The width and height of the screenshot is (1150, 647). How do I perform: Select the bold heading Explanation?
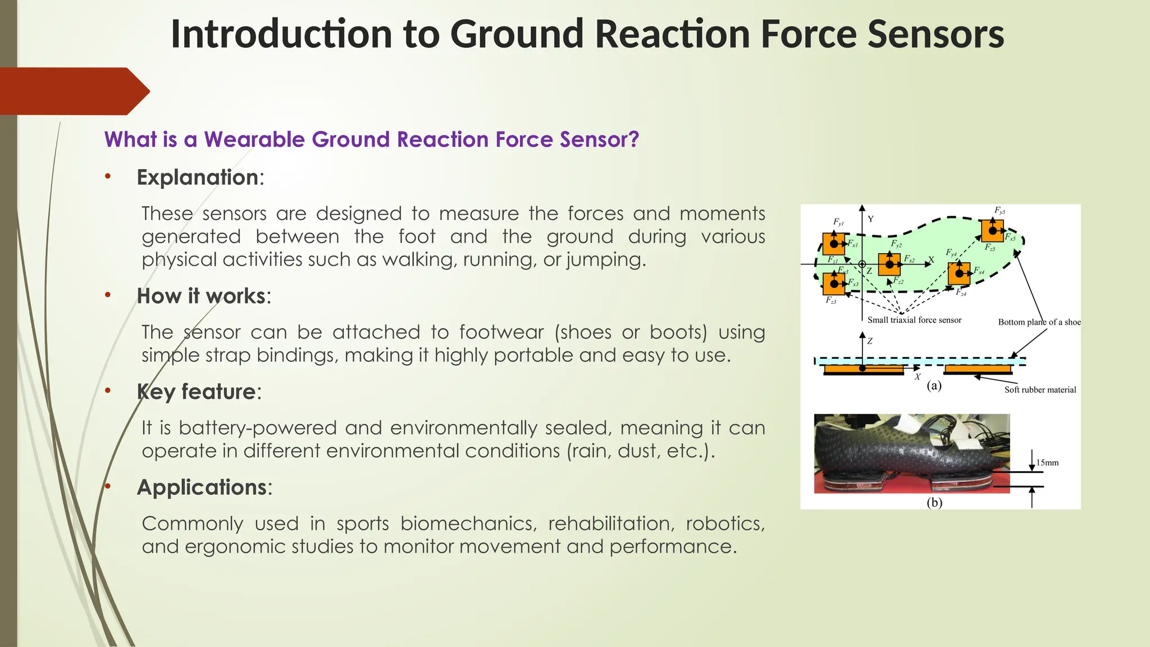(x=198, y=177)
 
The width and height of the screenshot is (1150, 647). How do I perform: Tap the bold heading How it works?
(x=201, y=296)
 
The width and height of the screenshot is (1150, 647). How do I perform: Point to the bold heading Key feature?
(x=197, y=391)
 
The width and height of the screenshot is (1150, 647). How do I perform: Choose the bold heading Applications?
(x=202, y=487)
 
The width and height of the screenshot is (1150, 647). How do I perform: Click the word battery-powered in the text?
(x=255, y=428)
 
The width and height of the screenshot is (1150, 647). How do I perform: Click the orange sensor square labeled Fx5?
(x=992, y=231)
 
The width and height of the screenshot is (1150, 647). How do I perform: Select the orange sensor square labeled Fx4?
(x=959, y=274)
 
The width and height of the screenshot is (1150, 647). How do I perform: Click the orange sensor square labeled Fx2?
(x=889, y=264)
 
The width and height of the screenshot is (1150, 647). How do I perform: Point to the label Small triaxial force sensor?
(x=914, y=320)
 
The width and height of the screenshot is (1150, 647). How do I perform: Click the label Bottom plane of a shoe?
(x=1039, y=322)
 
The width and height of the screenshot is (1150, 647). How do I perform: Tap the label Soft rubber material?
(x=1040, y=390)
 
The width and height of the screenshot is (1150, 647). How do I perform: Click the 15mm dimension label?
(x=1047, y=463)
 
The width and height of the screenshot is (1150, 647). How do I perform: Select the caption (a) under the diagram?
(x=934, y=385)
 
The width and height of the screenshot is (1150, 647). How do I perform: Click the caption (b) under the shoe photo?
(x=934, y=503)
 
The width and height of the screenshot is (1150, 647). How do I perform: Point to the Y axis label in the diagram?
(x=870, y=219)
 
